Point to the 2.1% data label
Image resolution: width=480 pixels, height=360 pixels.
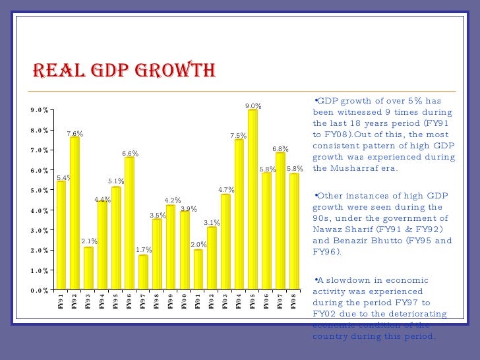pyautogui.click(x=89, y=241)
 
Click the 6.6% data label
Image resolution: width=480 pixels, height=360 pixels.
pyautogui.click(x=130, y=154)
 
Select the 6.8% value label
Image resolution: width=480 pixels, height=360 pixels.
pyautogui.click(x=281, y=149)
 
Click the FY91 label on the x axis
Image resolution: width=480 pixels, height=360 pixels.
pyautogui.click(x=61, y=302)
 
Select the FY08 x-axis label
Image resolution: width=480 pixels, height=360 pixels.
pyautogui.click(x=294, y=302)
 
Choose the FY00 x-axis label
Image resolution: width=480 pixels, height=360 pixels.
pyautogui.click(x=184, y=302)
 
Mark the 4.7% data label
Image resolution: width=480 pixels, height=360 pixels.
pyautogui.click(x=226, y=190)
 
